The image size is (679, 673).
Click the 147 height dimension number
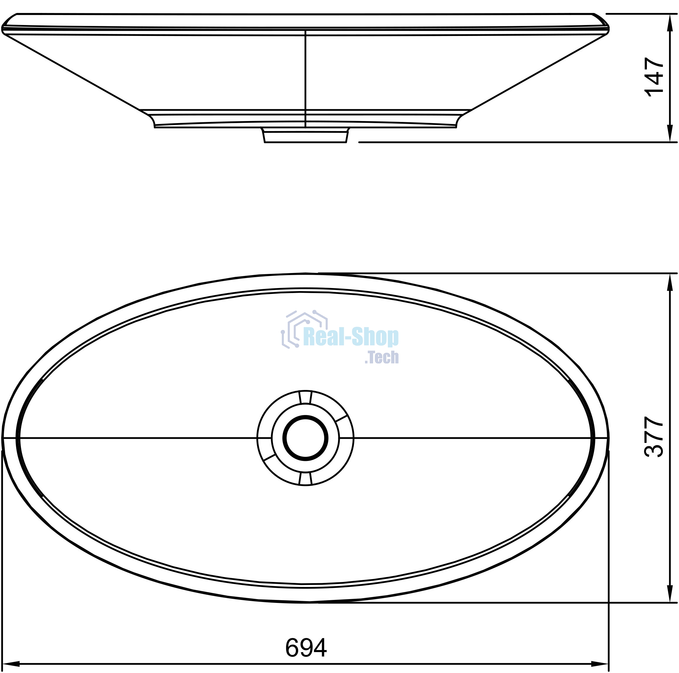[654, 77]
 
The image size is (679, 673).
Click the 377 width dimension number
[654, 436]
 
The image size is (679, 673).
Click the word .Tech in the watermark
[382, 357]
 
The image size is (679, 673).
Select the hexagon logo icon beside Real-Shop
[304, 329]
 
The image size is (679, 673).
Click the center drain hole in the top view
[305, 438]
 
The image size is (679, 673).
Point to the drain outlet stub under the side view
[305, 135]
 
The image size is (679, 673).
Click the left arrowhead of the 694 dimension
[11, 664]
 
